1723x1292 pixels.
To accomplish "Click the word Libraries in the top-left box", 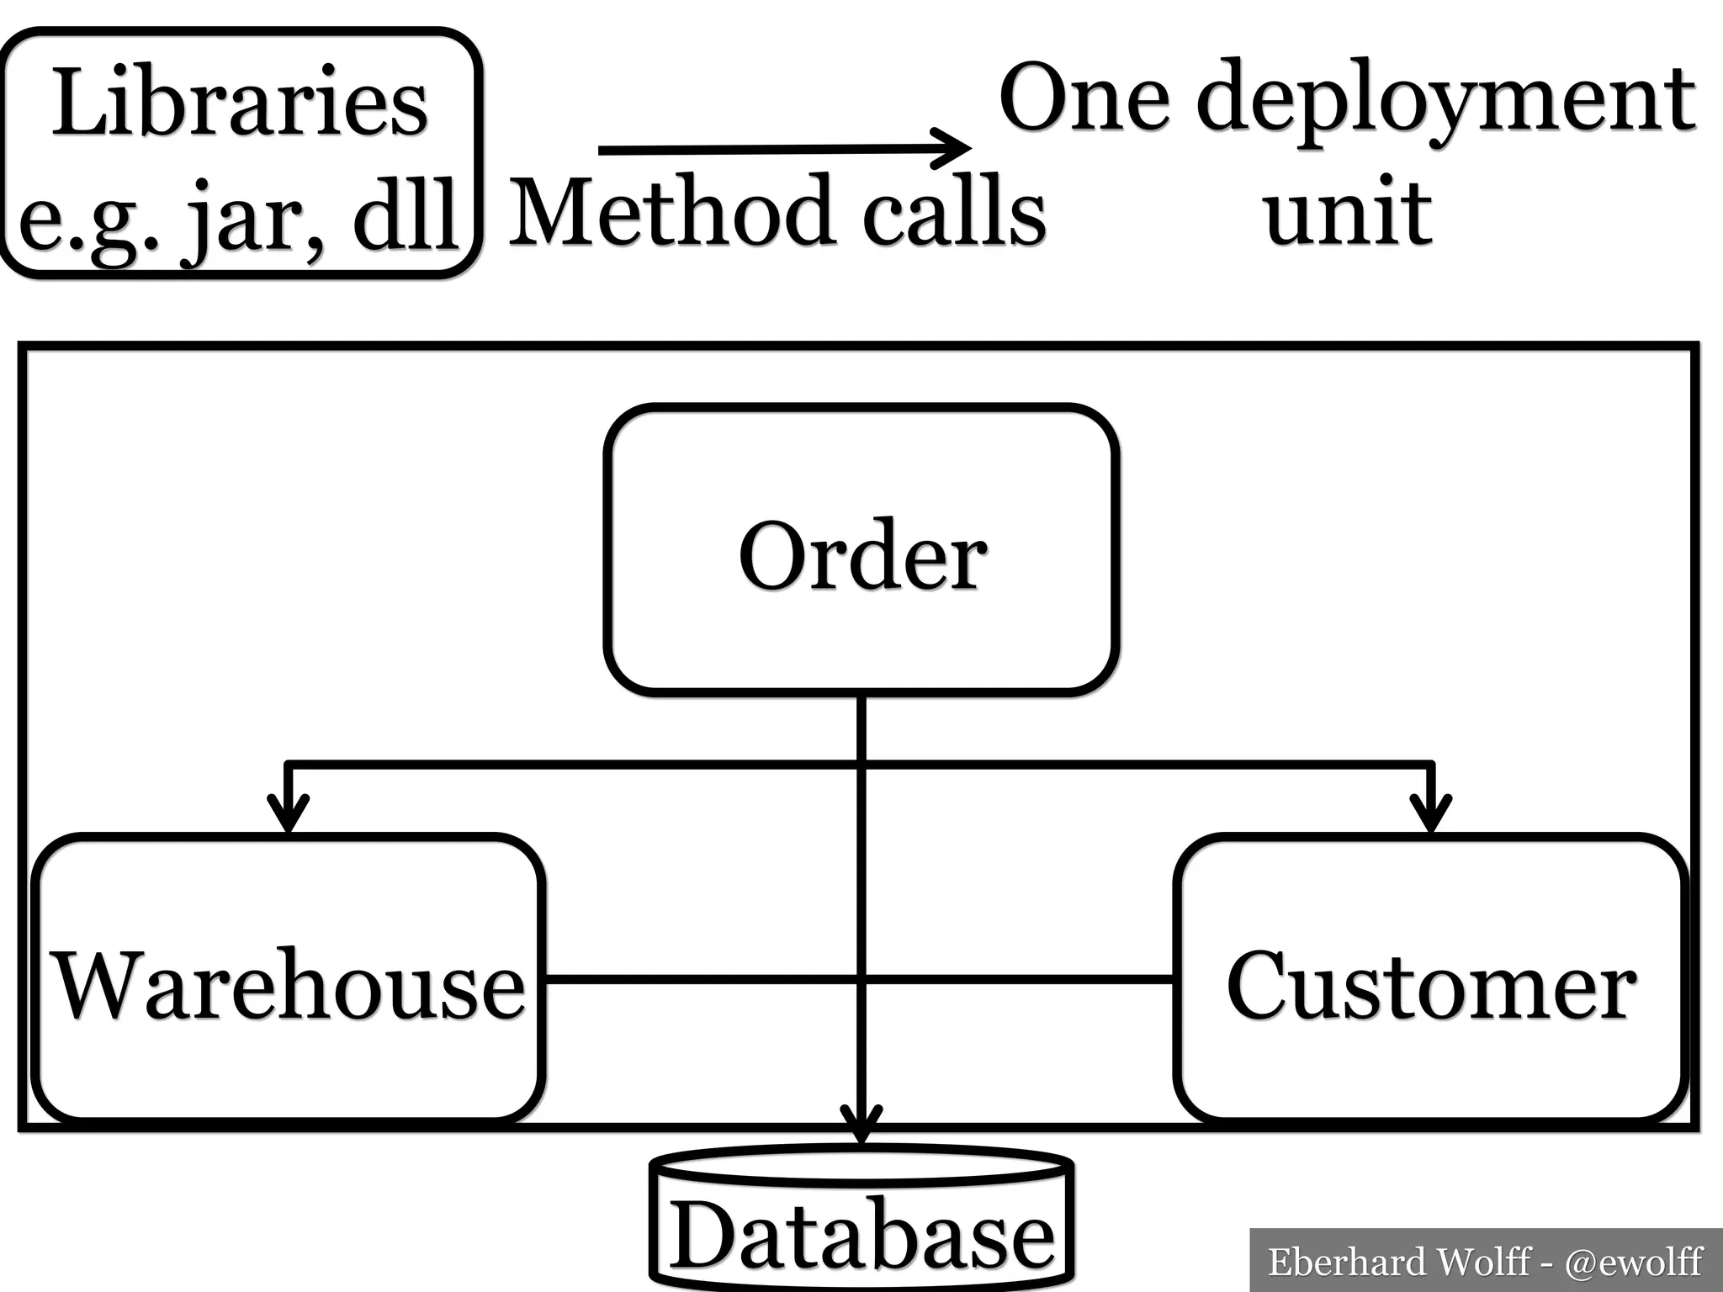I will pyautogui.click(x=241, y=103).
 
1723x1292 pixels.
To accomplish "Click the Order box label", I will pyautogui.click(x=862, y=556).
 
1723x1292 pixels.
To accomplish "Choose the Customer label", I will pyautogui.click(x=1431, y=985).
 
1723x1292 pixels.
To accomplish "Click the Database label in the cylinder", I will pyautogui.click(x=862, y=1236).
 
